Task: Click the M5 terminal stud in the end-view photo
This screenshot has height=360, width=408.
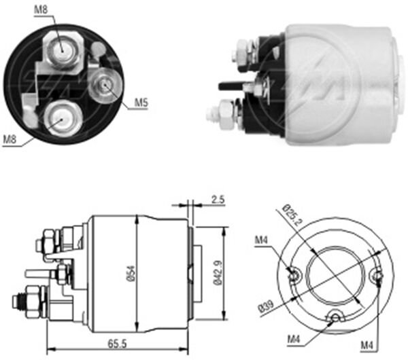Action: click(x=105, y=86)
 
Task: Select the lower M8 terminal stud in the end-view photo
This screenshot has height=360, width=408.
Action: click(x=59, y=118)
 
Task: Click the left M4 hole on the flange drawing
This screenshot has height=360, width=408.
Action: click(x=293, y=274)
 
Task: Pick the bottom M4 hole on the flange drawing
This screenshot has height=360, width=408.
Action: click(x=334, y=317)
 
